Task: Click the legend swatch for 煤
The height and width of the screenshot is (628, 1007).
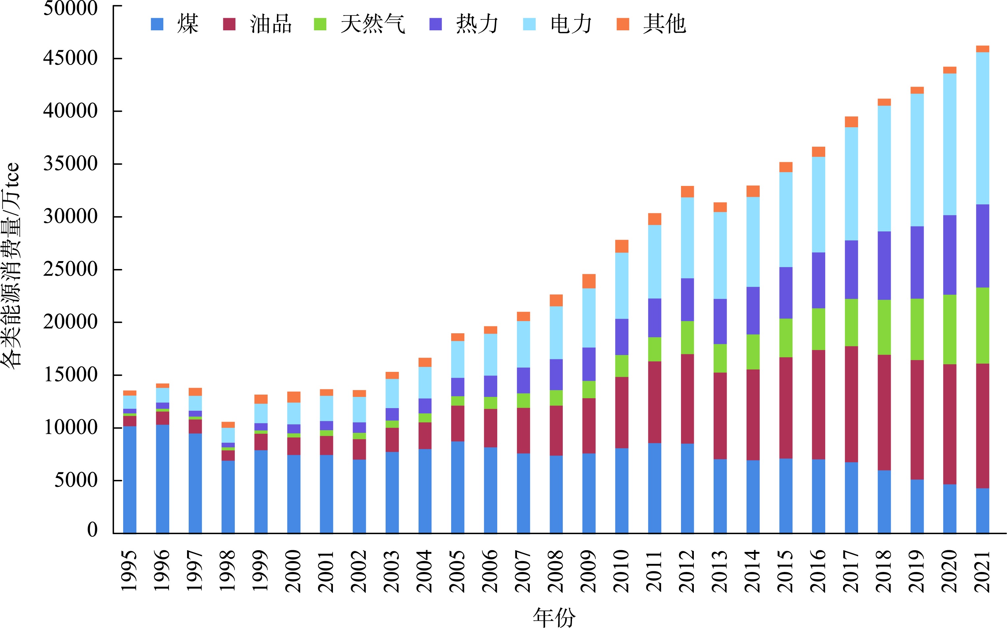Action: (157, 24)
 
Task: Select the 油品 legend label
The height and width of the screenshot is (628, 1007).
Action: (271, 24)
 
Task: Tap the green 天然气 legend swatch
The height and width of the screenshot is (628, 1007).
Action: (320, 24)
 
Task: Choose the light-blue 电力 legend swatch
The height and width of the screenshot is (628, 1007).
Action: (529, 24)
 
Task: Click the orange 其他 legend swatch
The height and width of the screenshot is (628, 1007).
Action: (623, 24)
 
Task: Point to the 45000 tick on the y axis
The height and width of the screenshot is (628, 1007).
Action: (70, 58)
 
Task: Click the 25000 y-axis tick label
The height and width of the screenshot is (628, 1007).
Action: (70, 269)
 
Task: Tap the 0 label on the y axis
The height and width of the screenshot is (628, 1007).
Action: (92, 529)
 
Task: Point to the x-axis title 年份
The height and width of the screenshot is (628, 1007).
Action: (554, 617)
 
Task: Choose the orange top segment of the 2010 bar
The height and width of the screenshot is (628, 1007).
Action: (621, 246)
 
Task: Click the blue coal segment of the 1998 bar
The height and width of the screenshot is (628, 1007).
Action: (228, 497)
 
